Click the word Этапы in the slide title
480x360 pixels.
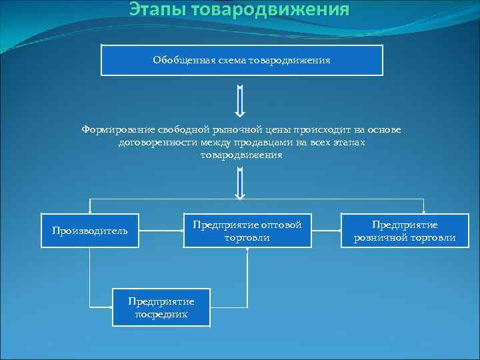coord(156,9)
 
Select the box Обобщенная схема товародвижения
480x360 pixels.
coord(241,60)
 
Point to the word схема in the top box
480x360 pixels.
coord(227,60)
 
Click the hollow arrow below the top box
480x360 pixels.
coord(241,101)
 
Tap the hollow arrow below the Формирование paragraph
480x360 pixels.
coord(241,183)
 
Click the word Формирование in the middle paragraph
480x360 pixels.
coord(118,129)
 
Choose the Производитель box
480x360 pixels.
coord(89,231)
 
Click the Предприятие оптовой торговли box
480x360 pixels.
coord(247,231)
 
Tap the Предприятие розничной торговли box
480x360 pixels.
coord(405,231)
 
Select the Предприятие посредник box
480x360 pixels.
coord(161,307)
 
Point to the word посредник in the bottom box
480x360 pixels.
coord(161,314)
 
